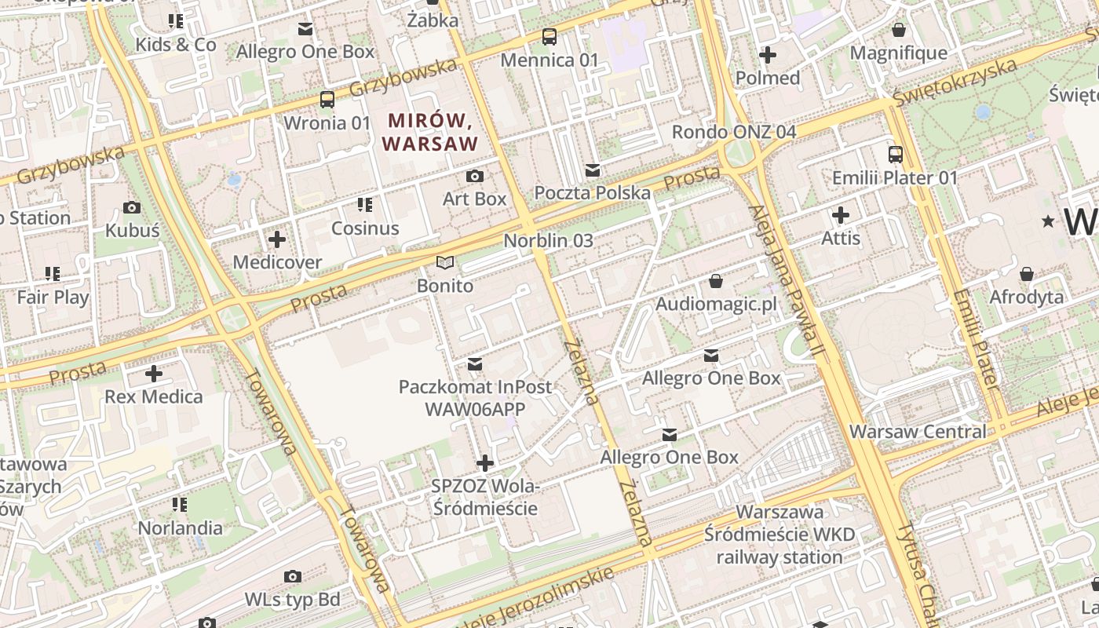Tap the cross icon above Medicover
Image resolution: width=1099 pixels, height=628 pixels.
coord(277,239)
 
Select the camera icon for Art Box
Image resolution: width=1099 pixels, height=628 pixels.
coord(475,176)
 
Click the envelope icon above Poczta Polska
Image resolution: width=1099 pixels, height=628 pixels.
coord(593,170)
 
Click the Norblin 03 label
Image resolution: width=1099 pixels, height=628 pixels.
coord(548,241)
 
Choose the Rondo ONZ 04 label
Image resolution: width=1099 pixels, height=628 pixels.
coord(734,132)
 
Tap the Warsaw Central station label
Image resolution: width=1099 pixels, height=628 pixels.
coord(918,432)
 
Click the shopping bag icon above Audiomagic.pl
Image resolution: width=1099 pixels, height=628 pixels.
coord(716,280)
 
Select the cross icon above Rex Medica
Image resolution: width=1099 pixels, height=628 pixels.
coord(154,373)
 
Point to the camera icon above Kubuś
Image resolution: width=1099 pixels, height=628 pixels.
coord(132,207)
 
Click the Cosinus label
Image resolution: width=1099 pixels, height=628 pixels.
coord(365,228)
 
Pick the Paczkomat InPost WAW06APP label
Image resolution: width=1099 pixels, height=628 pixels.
coord(475,398)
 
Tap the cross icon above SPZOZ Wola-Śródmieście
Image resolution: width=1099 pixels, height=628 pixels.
coord(485,463)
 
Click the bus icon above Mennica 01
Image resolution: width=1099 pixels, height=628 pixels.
coord(549,36)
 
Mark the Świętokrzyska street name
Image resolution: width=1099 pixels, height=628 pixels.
coord(954,82)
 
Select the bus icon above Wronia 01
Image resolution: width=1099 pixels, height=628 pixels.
coord(327,100)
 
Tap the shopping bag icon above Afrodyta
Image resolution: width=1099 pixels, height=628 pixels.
coord(1026,274)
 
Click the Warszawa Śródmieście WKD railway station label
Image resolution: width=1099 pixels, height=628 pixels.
coord(780,535)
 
